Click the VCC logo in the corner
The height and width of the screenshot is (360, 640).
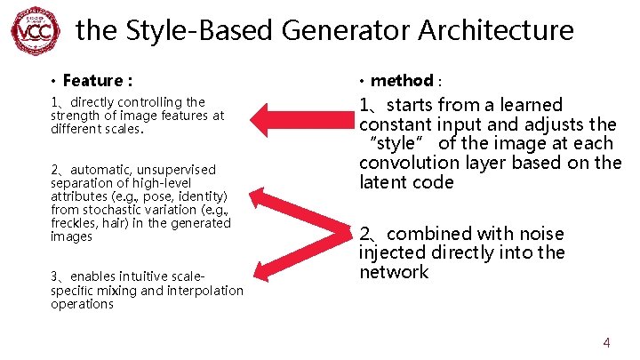35,30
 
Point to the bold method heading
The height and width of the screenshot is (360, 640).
401,81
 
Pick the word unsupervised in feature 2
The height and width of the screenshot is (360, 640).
178,169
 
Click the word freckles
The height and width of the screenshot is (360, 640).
75,223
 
